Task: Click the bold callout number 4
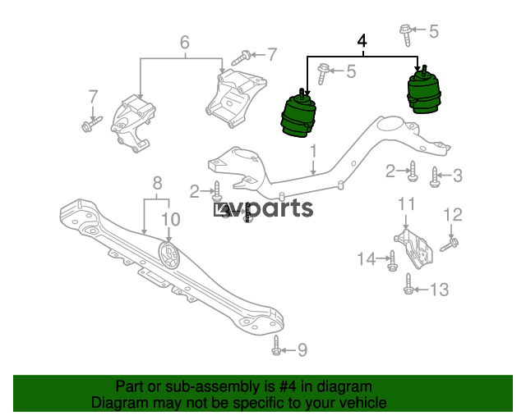(362, 41)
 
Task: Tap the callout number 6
(185, 43)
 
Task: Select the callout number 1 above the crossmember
(313, 151)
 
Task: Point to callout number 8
(157, 183)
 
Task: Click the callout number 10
(171, 219)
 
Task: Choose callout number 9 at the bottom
(302, 350)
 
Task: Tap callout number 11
(406, 204)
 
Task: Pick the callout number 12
(453, 215)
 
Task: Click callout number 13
(440, 290)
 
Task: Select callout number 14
(367, 259)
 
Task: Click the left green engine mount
(298, 113)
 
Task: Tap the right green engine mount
(424, 89)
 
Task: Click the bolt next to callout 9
(276, 345)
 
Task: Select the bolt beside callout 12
(450, 244)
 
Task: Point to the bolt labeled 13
(408, 284)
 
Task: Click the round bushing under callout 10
(169, 255)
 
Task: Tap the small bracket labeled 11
(413, 249)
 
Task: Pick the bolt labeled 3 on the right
(435, 177)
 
